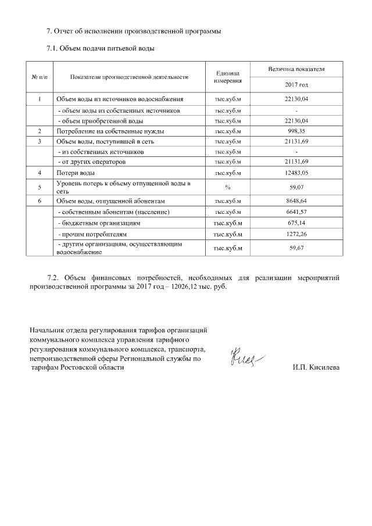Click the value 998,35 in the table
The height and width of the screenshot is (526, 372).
pyautogui.click(x=296, y=131)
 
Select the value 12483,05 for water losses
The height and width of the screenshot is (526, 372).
pyautogui.click(x=296, y=173)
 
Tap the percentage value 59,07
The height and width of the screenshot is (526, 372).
pyautogui.click(x=296, y=187)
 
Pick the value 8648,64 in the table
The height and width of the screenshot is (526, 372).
pyautogui.click(x=296, y=201)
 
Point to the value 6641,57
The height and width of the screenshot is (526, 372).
pyautogui.click(x=296, y=212)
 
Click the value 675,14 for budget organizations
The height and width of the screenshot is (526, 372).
pyautogui.click(x=296, y=223)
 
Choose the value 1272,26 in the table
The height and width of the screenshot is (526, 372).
pyautogui.click(x=296, y=234)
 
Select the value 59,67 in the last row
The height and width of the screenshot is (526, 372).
pyautogui.click(x=296, y=248)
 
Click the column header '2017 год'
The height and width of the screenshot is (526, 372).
pyautogui.click(x=296, y=85)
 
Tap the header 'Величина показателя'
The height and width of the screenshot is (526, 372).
pyautogui.click(x=296, y=69)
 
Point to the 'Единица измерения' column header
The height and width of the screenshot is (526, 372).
pyautogui.click(x=228, y=77)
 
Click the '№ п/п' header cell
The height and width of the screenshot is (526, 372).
pyautogui.click(x=39, y=77)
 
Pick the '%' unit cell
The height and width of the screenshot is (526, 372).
pyautogui.click(x=228, y=187)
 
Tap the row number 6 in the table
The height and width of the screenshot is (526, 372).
pyautogui.click(x=39, y=201)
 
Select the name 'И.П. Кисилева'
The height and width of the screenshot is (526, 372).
pyautogui.click(x=317, y=368)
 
